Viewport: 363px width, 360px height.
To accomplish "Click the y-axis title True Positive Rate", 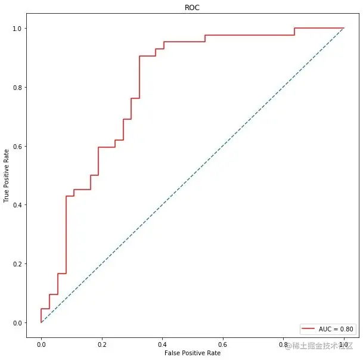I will [7, 175].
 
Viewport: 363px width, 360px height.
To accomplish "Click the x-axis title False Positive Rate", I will [193, 353].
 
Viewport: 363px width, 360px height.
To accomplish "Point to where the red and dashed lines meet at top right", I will [344, 28].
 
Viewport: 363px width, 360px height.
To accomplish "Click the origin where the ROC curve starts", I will [41, 322].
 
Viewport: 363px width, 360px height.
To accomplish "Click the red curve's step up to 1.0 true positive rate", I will [294, 32].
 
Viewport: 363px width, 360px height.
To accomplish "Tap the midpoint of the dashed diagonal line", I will [193, 175].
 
